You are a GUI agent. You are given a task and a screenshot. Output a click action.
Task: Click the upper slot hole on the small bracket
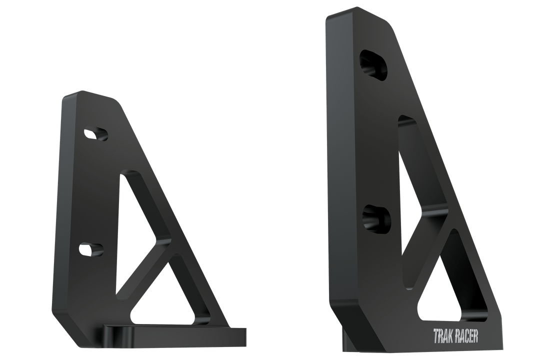pos(95,133)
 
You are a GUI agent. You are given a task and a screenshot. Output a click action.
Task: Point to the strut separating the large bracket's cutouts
pos(427,235)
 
